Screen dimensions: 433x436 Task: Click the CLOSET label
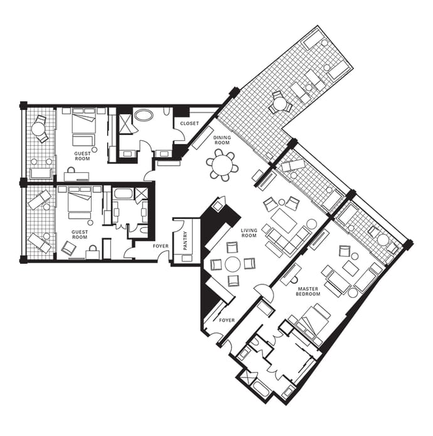click(x=190, y=123)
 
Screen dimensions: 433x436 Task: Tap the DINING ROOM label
click(x=222, y=140)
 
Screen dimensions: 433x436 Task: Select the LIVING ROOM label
click(x=249, y=232)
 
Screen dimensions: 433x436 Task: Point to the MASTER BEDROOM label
click(x=308, y=291)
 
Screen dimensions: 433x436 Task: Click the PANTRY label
click(x=185, y=240)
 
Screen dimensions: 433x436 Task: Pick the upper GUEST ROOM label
click(x=82, y=156)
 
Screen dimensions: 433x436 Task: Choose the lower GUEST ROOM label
click(x=80, y=234)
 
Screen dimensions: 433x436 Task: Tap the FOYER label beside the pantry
click(x=161, y=246)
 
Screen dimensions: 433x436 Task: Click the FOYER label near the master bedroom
click(x=227, y=320)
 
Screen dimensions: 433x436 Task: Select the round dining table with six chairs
click(x=222, y=165)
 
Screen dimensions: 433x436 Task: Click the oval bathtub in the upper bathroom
click(x=143, y=115)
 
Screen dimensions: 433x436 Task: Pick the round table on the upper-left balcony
click(x=38, y=129)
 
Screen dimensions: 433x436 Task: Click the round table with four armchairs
click(x=233, y=264)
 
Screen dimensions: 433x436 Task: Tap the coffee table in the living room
click(x=284, y=221)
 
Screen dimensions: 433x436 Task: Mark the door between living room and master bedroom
click(x=264, y=292)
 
